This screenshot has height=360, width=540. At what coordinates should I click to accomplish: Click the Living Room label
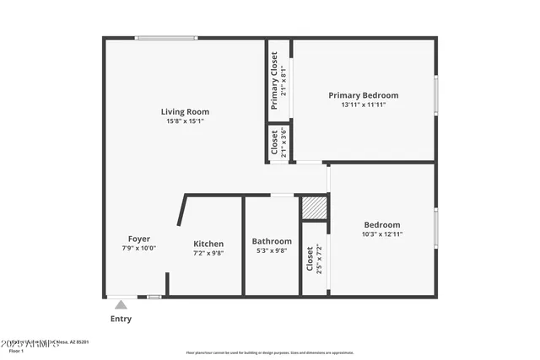pos(185,111)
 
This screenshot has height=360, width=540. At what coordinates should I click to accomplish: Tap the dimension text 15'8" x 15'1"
pos(185,121)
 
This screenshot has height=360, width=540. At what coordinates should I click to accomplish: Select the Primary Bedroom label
pos(363,95)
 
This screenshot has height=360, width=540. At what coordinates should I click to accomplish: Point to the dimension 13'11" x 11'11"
pos(363,105)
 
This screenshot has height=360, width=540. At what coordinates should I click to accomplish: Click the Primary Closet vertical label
pos(274,81)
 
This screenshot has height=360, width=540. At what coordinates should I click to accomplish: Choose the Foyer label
pos(139,239)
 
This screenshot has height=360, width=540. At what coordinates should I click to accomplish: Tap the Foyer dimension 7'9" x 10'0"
pos(139,249)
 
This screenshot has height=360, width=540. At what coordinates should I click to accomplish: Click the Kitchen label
pos(208,244)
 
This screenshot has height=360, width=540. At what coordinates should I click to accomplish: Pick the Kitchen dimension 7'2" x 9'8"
pos(208,253)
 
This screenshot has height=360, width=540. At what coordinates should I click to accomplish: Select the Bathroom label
pos(273,241)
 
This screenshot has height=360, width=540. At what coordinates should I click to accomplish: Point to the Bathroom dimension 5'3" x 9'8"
pos(273,250)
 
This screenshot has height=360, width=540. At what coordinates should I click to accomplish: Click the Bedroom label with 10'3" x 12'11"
pos(381,224)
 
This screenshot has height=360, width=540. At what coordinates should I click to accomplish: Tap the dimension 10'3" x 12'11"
pos(381,234)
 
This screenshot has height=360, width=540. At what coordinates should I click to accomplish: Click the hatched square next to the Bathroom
pos(314,207)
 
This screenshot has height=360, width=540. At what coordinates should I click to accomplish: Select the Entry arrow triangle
pos(121,305)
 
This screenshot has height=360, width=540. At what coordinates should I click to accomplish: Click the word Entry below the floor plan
pos(121,320)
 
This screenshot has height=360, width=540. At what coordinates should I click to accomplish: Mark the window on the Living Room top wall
pos(166,37)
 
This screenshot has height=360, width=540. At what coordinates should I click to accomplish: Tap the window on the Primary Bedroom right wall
pos(435,95)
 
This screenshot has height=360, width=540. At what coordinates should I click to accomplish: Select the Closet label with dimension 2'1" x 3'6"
pos(274,143)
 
